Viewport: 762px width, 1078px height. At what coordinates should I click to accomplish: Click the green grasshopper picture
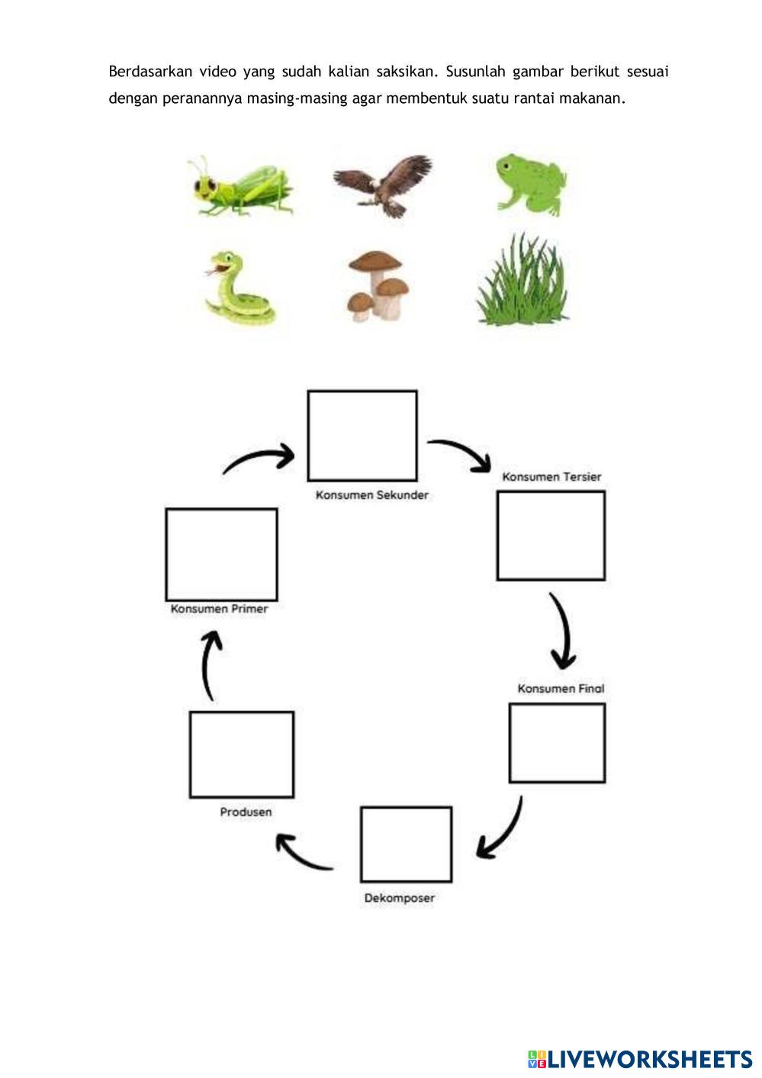[240, 187]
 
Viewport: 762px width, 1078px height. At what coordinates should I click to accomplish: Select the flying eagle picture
[383, 185]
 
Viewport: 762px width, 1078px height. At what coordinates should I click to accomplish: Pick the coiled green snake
[238, 290]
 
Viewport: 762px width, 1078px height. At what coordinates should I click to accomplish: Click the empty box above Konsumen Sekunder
[362, 436]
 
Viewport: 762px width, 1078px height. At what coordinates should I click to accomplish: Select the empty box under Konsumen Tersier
[551, 536]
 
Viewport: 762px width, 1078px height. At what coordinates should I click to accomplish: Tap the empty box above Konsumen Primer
[221, 555]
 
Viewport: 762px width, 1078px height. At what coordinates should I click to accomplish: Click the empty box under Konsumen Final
[557, 743]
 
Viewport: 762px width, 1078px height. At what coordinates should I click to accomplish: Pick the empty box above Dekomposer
[406, 845]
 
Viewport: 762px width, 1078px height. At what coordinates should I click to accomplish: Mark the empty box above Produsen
[242, 755]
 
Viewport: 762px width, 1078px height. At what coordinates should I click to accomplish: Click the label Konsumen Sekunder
[372, 495]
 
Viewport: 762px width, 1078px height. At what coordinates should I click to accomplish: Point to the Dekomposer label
[399, 898]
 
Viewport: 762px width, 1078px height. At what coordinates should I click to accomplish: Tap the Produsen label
[246, 812]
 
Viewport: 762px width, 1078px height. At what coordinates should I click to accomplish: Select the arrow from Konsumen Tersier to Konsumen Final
[563, 630]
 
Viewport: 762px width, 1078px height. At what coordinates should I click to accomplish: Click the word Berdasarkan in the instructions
[150, 72]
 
